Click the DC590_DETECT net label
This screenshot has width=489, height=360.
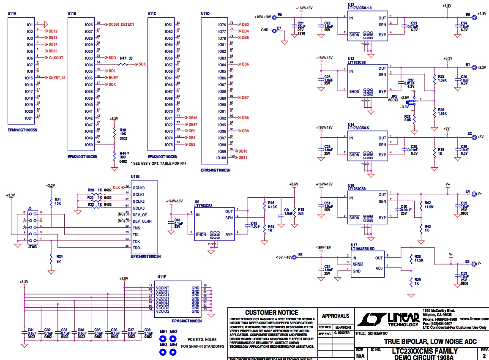coord(121,25)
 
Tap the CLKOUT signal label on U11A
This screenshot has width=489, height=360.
coord(56,58)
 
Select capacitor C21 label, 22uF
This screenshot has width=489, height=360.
coord(301,24)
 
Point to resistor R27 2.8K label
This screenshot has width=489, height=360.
coord(407,118)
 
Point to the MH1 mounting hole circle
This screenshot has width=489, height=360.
coord(162,339)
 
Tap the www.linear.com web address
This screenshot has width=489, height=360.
coord(474,319)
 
